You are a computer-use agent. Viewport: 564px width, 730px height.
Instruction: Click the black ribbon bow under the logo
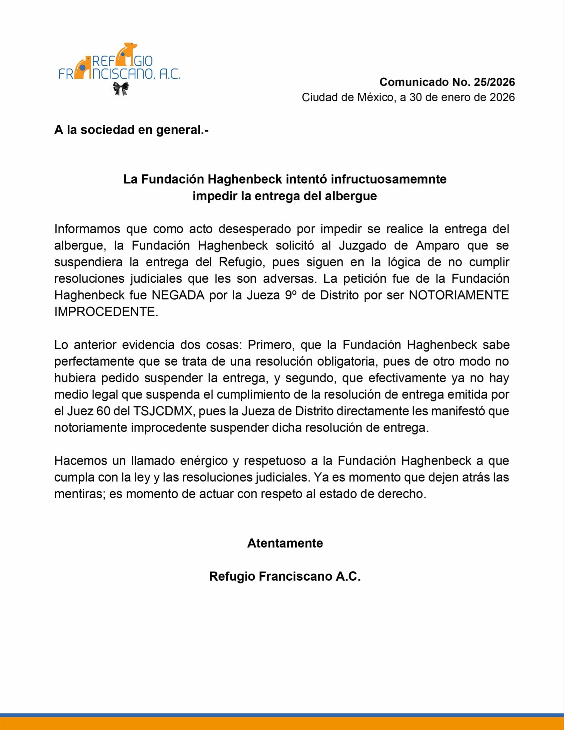click(121, 89)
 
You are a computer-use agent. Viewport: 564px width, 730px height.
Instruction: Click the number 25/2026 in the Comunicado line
click(494, 82)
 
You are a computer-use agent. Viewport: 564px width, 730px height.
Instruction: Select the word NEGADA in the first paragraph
click(178, 295)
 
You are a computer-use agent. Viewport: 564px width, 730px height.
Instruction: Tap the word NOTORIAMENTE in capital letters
click(459, 295)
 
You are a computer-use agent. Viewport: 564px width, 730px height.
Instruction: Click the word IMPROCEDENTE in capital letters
click(106, 312)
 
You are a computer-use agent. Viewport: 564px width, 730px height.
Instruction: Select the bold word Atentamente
click(285, 543)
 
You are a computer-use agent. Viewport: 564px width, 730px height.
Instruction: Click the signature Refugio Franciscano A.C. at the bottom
click(285, 576)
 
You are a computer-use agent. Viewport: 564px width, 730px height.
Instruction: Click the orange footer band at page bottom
click(282, 724)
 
